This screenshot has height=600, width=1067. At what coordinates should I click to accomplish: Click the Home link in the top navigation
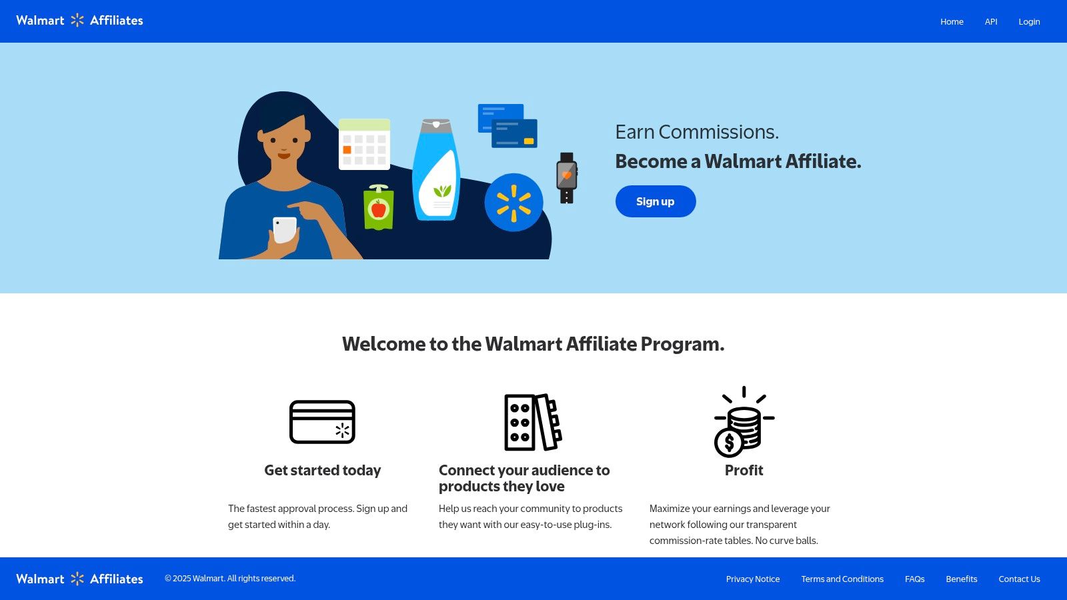click(x=952, y=21)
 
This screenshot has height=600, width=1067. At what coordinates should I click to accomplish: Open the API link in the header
click(x=991, y=21)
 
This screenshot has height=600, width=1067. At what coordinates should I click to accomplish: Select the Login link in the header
click(x=1029, y=21)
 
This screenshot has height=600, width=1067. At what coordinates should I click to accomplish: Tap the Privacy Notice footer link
click(x=752, y=579)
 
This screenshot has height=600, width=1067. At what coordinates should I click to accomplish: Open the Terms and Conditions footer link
click(x=842, y=579)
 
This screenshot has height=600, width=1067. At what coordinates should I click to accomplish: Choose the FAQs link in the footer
click(x=914, y=579)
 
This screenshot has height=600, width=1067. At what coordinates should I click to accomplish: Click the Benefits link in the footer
click(x=961, y=579)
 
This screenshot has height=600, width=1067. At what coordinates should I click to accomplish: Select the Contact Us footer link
click(x=1019, y=579)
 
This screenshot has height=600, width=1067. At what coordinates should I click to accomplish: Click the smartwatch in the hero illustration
click(x=566, y=177)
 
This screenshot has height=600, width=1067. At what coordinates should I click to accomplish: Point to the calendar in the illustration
click(x=364, y=144)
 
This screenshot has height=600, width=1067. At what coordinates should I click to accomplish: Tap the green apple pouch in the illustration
click(x=378, y=208)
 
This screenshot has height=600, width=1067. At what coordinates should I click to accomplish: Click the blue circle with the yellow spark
click(x=513, y=202)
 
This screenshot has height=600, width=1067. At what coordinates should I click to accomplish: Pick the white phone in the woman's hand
click(x=285, y=229)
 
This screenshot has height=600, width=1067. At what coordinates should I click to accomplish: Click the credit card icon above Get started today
click(x=322, y=422)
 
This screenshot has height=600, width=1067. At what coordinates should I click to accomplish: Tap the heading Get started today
click(x=322, y=470)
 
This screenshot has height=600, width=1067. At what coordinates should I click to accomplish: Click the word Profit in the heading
click(x=744, y=470)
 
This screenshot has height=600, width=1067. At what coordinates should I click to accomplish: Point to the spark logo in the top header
click(x=77, y=21)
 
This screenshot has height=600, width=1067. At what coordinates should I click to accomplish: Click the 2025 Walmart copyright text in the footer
click(x=230, y=579)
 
